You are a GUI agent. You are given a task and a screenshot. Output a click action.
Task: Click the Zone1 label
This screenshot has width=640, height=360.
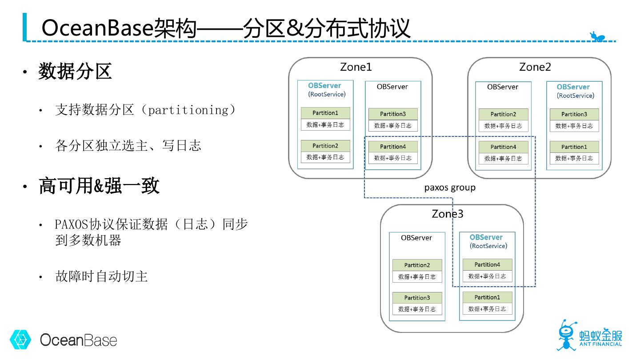point(356,67)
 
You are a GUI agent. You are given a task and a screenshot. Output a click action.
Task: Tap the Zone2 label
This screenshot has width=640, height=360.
point(535,67)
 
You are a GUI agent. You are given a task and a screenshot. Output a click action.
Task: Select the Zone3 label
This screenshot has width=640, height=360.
point(448,214)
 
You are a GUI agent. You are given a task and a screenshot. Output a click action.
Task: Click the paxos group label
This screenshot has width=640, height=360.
point(450,188)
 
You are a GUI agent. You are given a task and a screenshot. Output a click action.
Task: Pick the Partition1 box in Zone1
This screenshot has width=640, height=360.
point(325,113)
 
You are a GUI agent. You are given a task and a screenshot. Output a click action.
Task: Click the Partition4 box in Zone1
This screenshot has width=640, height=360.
point(393,147)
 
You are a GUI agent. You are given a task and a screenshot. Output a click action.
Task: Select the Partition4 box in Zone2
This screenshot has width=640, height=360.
point(503,147)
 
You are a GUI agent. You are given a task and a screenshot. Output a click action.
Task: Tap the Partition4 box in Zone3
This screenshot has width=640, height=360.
point(487,264)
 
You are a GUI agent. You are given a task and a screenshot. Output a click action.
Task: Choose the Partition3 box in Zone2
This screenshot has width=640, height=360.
point(574,114)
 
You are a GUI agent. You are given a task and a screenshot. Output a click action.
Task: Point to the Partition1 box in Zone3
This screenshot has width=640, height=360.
point(487,297)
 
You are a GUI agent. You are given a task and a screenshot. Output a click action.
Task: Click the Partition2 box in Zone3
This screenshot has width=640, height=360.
point(417,265)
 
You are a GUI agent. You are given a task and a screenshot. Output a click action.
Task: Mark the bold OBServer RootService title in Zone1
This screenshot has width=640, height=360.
point(326,89)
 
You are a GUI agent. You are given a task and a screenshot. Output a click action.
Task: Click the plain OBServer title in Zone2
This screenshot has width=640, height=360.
point(503,87)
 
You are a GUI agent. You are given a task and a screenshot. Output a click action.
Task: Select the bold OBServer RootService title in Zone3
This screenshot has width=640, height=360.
point(488,241)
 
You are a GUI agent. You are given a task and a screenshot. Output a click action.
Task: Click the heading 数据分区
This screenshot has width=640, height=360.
point(75,71)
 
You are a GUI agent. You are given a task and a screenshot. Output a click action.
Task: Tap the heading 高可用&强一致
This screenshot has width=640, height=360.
point(99,185)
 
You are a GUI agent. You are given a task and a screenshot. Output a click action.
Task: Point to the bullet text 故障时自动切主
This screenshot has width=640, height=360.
point(101,276)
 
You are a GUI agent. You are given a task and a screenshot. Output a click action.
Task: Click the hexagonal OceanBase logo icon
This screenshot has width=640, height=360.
point(20,340)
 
